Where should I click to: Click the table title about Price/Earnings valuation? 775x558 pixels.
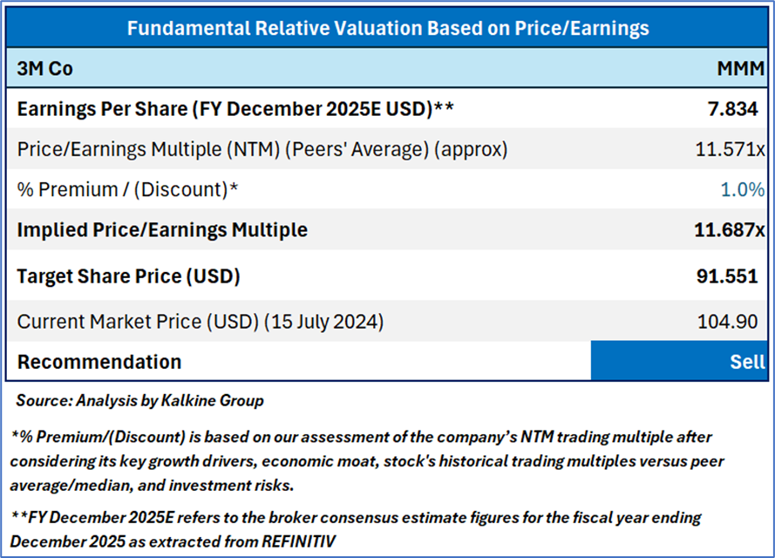tap(388, 28)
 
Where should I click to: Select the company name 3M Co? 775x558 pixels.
tap(44, 70)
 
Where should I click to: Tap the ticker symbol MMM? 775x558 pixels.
tap(739, 70)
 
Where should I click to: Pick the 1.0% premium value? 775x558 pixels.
tap(743, 189)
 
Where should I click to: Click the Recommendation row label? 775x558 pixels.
tap(99, 362)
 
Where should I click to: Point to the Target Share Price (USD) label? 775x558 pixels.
tap(128, 276)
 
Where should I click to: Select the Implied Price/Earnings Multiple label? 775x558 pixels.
tap(162, 230)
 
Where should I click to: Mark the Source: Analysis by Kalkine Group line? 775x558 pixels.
tap(139, 401)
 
